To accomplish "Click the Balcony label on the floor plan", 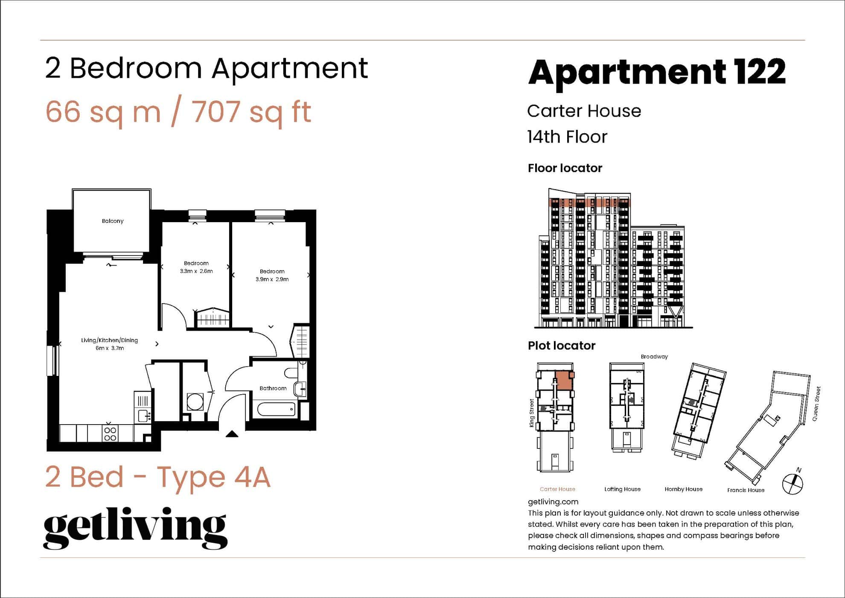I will (x=113, y=221).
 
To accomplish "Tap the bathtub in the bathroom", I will (x=276, y=410).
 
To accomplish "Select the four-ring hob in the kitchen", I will (x=110, y=434).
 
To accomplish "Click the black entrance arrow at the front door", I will (x=232, y=434).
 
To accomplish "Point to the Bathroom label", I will (x=273, y=388).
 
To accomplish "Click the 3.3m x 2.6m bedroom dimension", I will (x=196, y=271).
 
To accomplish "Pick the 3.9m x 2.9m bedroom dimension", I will (x=272, y=279).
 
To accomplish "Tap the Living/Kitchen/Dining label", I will (x=110, y=340).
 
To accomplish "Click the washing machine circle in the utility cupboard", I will (x=195, y=402).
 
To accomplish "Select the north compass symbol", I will (x=793, y=483).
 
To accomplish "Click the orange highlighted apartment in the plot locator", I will (x=563, y=380).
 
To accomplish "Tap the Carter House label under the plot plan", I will (x=557, y=489).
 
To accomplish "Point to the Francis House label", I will (x=746, y=490).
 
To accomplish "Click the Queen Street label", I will (x=816, y=404).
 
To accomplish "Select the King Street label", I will (x=532, y=413).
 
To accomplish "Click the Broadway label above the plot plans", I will (x=654, y=357).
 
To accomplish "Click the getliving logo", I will (x=135, y=528).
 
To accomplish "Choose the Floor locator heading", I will (x=565, y=168).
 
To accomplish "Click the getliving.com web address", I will (x=553, y=502).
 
